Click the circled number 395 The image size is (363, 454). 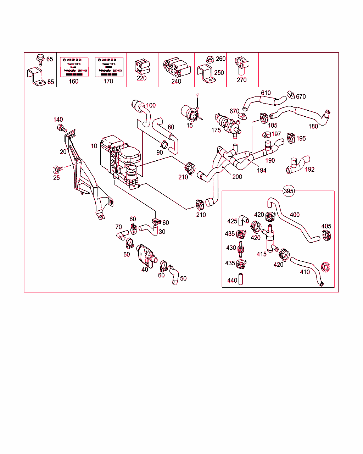289,191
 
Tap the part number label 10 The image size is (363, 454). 94,146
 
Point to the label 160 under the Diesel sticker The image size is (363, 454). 73,81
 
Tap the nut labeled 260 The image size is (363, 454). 209,59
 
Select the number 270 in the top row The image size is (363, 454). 241,80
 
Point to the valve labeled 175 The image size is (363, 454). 229,123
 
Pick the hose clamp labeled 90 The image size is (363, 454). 164,144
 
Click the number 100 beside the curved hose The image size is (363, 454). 151,105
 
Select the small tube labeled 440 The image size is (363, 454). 241,280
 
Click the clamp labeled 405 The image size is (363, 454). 326,236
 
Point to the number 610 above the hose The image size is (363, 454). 266,93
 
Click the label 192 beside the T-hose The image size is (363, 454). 309,169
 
